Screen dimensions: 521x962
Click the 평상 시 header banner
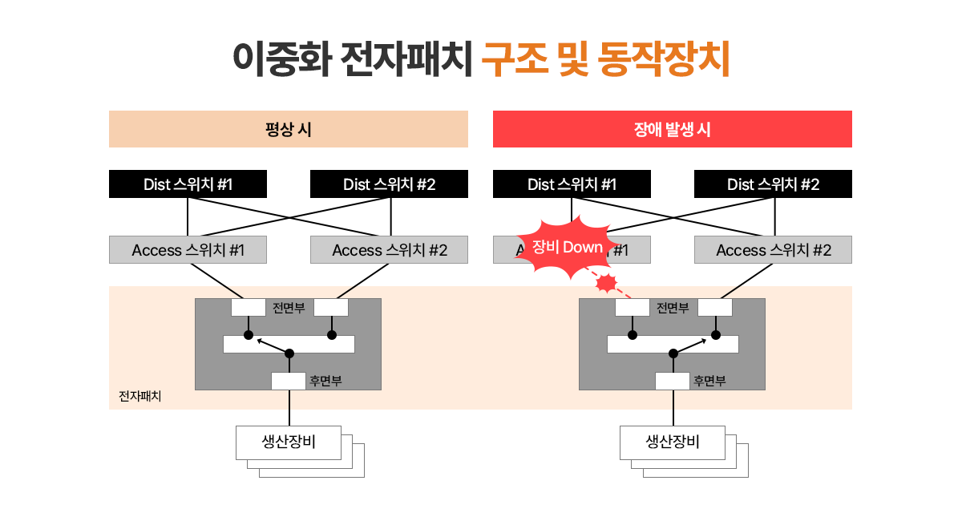click(x=289, y=129)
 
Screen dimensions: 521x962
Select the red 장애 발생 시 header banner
click(x=672, y=129)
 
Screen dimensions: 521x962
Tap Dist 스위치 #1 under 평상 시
click(x=188, y=184)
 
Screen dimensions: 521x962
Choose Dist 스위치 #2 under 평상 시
click(x=389, y=184)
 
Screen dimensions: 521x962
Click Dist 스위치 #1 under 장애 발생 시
click(x=572, y=184)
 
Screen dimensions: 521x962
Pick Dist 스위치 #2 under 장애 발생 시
click(x=773, y=184)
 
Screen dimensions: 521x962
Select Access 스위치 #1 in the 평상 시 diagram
click(x=188, y=250)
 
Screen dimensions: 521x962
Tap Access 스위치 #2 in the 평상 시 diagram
click(x=389, y=250)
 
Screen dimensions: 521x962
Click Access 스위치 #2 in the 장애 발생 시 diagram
click(x=773, y=250)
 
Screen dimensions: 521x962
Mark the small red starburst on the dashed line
click(x=607, y=282)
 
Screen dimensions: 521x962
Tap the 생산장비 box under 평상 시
click(x=289, y=442)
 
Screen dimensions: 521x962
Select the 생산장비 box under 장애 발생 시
click(x=673, y=442)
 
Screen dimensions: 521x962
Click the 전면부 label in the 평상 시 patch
click(x=289, y=307)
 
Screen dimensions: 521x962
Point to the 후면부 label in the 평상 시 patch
click(x=325, y=381)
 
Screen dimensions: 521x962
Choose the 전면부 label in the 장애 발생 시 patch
click(x=673, y=307)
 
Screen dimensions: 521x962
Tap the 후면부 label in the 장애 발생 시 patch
click(x=709, y=381)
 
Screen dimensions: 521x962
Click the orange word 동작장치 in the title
click(x=664, y=59)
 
